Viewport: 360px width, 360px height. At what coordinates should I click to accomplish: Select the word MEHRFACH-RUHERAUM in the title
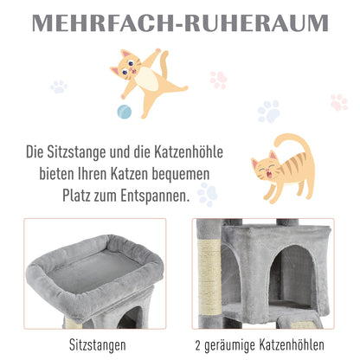pyautogui.click(x=179, y=22)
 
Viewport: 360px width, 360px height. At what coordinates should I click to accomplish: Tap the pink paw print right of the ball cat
pyautogui.click(x=218, y=79)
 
